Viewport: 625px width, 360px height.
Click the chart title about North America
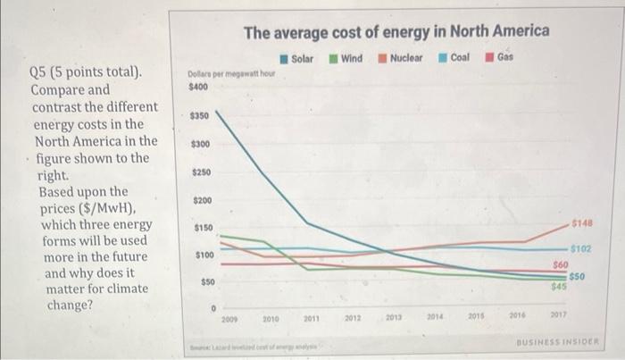[x=397, y=31]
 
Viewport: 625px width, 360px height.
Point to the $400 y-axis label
[x=197, y=88]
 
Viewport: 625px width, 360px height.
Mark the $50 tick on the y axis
[x=204, y=282]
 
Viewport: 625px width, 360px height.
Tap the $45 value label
[x=560, y=286]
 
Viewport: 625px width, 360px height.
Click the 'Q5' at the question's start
[x=41, y=71]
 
